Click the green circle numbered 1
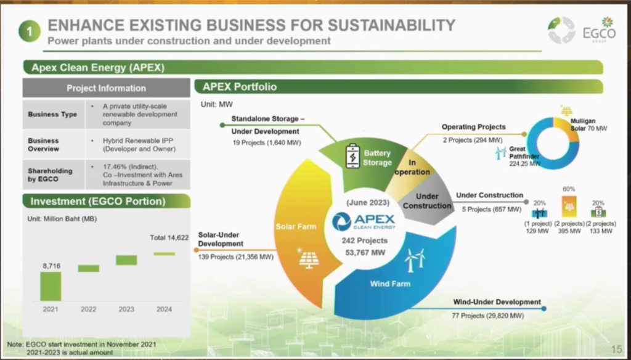30,31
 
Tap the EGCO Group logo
582,30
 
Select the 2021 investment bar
51,286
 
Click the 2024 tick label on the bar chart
164,309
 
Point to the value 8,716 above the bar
51,266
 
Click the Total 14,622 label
169,237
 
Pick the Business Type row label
52,115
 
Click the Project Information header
106,88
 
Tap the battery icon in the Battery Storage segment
353,156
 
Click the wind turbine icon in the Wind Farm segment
415,260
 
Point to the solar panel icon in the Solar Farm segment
309,258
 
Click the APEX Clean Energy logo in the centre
364,221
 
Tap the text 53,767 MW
365,253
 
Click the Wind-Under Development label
497,302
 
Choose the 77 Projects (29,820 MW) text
488,316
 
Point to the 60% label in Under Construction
569,189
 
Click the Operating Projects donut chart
553,144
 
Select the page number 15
616,349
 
